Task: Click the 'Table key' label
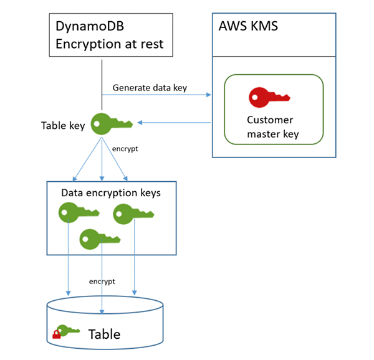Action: click(63, 125)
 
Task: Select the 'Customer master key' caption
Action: click(273, 126)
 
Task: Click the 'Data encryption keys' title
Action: click(111, 192)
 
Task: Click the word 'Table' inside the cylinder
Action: click(104, 334)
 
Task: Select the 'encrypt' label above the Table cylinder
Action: click(102, 281)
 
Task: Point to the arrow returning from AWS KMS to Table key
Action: click(175, 123)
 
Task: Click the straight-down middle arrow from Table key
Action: click(101, 159)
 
